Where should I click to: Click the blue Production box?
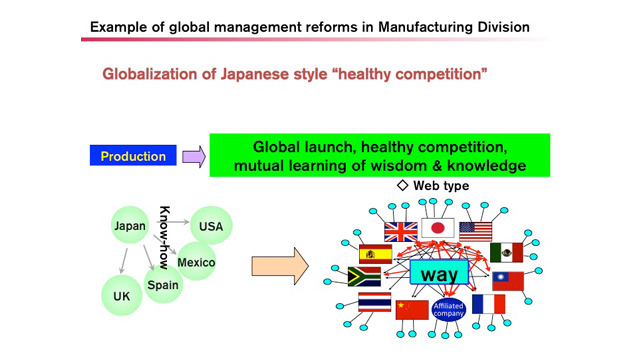[133, 156]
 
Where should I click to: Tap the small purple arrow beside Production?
[193, 157]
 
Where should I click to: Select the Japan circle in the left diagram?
[130, 225]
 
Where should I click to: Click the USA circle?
[211, 226]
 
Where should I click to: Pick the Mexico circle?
[196, 262]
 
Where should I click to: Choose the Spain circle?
[163, 284]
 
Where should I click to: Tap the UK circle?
[122, 296]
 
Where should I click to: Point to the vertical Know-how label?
[164, 238]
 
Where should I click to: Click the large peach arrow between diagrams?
[280, 266]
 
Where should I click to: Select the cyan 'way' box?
[439, 272]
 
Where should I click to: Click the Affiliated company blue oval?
[449, 310]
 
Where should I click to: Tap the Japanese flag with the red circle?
[438, 228]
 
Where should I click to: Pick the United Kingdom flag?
[401, 232]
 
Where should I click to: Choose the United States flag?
[476, 231]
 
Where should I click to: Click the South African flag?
[364, 277]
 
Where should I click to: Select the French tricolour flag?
[489, 304]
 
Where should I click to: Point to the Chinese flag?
[412, 310]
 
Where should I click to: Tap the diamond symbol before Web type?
[402, 185]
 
